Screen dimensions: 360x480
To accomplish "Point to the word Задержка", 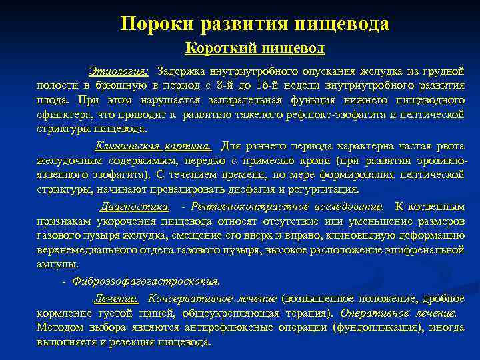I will click(182, 71).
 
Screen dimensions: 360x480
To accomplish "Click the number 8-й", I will click(233, 85).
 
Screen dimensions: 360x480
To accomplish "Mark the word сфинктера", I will click(61, 114).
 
